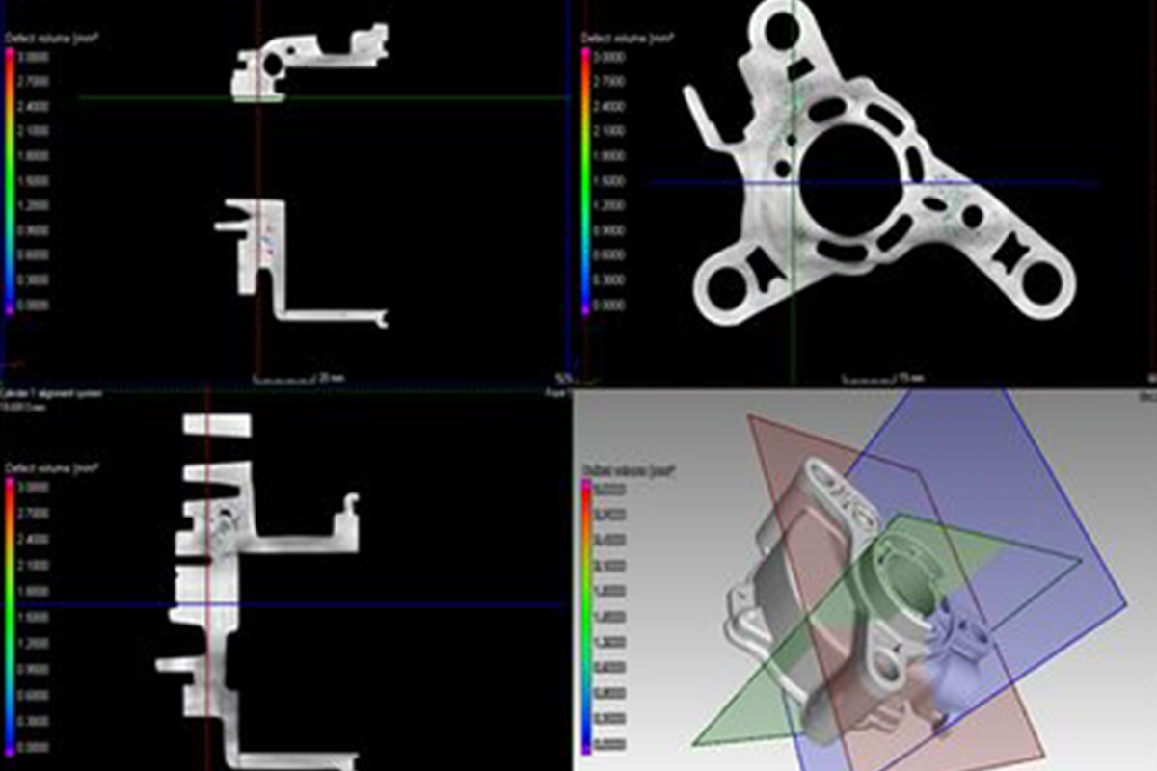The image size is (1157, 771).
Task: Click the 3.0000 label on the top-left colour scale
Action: point(36,57)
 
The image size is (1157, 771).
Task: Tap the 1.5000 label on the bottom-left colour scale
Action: point(36,616)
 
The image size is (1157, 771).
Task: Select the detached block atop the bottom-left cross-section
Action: point(217,425)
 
